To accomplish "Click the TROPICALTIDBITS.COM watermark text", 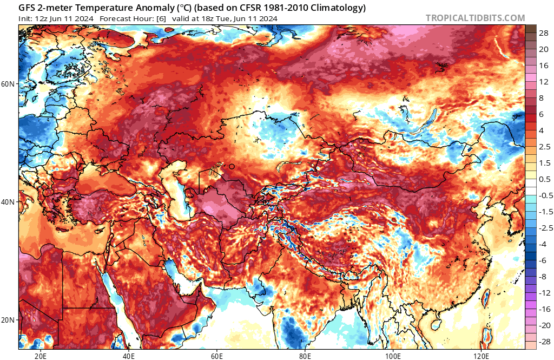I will [475, 18].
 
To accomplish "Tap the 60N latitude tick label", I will [8, 84].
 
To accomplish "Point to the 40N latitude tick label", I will [8, 201].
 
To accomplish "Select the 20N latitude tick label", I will [8, 319].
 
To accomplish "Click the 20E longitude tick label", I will [40, 356].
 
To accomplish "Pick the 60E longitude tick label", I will [216, 356].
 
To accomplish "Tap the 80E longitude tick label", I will [305, 356].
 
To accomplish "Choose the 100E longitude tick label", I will [393, 356].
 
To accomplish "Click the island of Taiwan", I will [485, 297].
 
